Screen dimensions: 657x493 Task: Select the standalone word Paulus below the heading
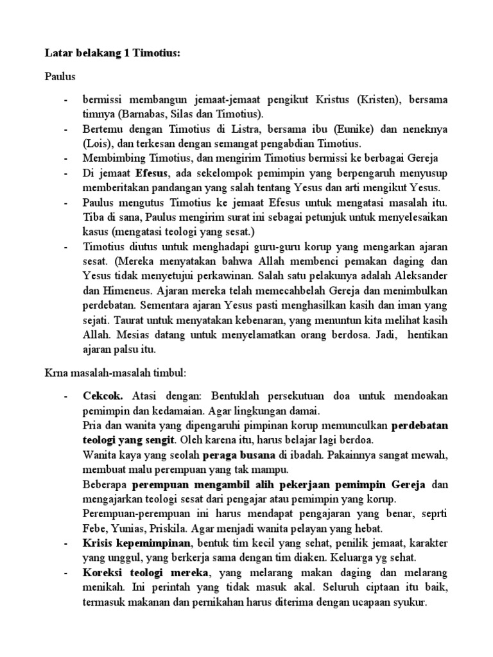point(60,77)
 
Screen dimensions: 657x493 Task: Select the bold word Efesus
point(153,173)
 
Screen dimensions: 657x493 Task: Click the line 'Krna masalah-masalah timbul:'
point(115,373)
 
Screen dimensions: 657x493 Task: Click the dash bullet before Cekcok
point(66,395)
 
